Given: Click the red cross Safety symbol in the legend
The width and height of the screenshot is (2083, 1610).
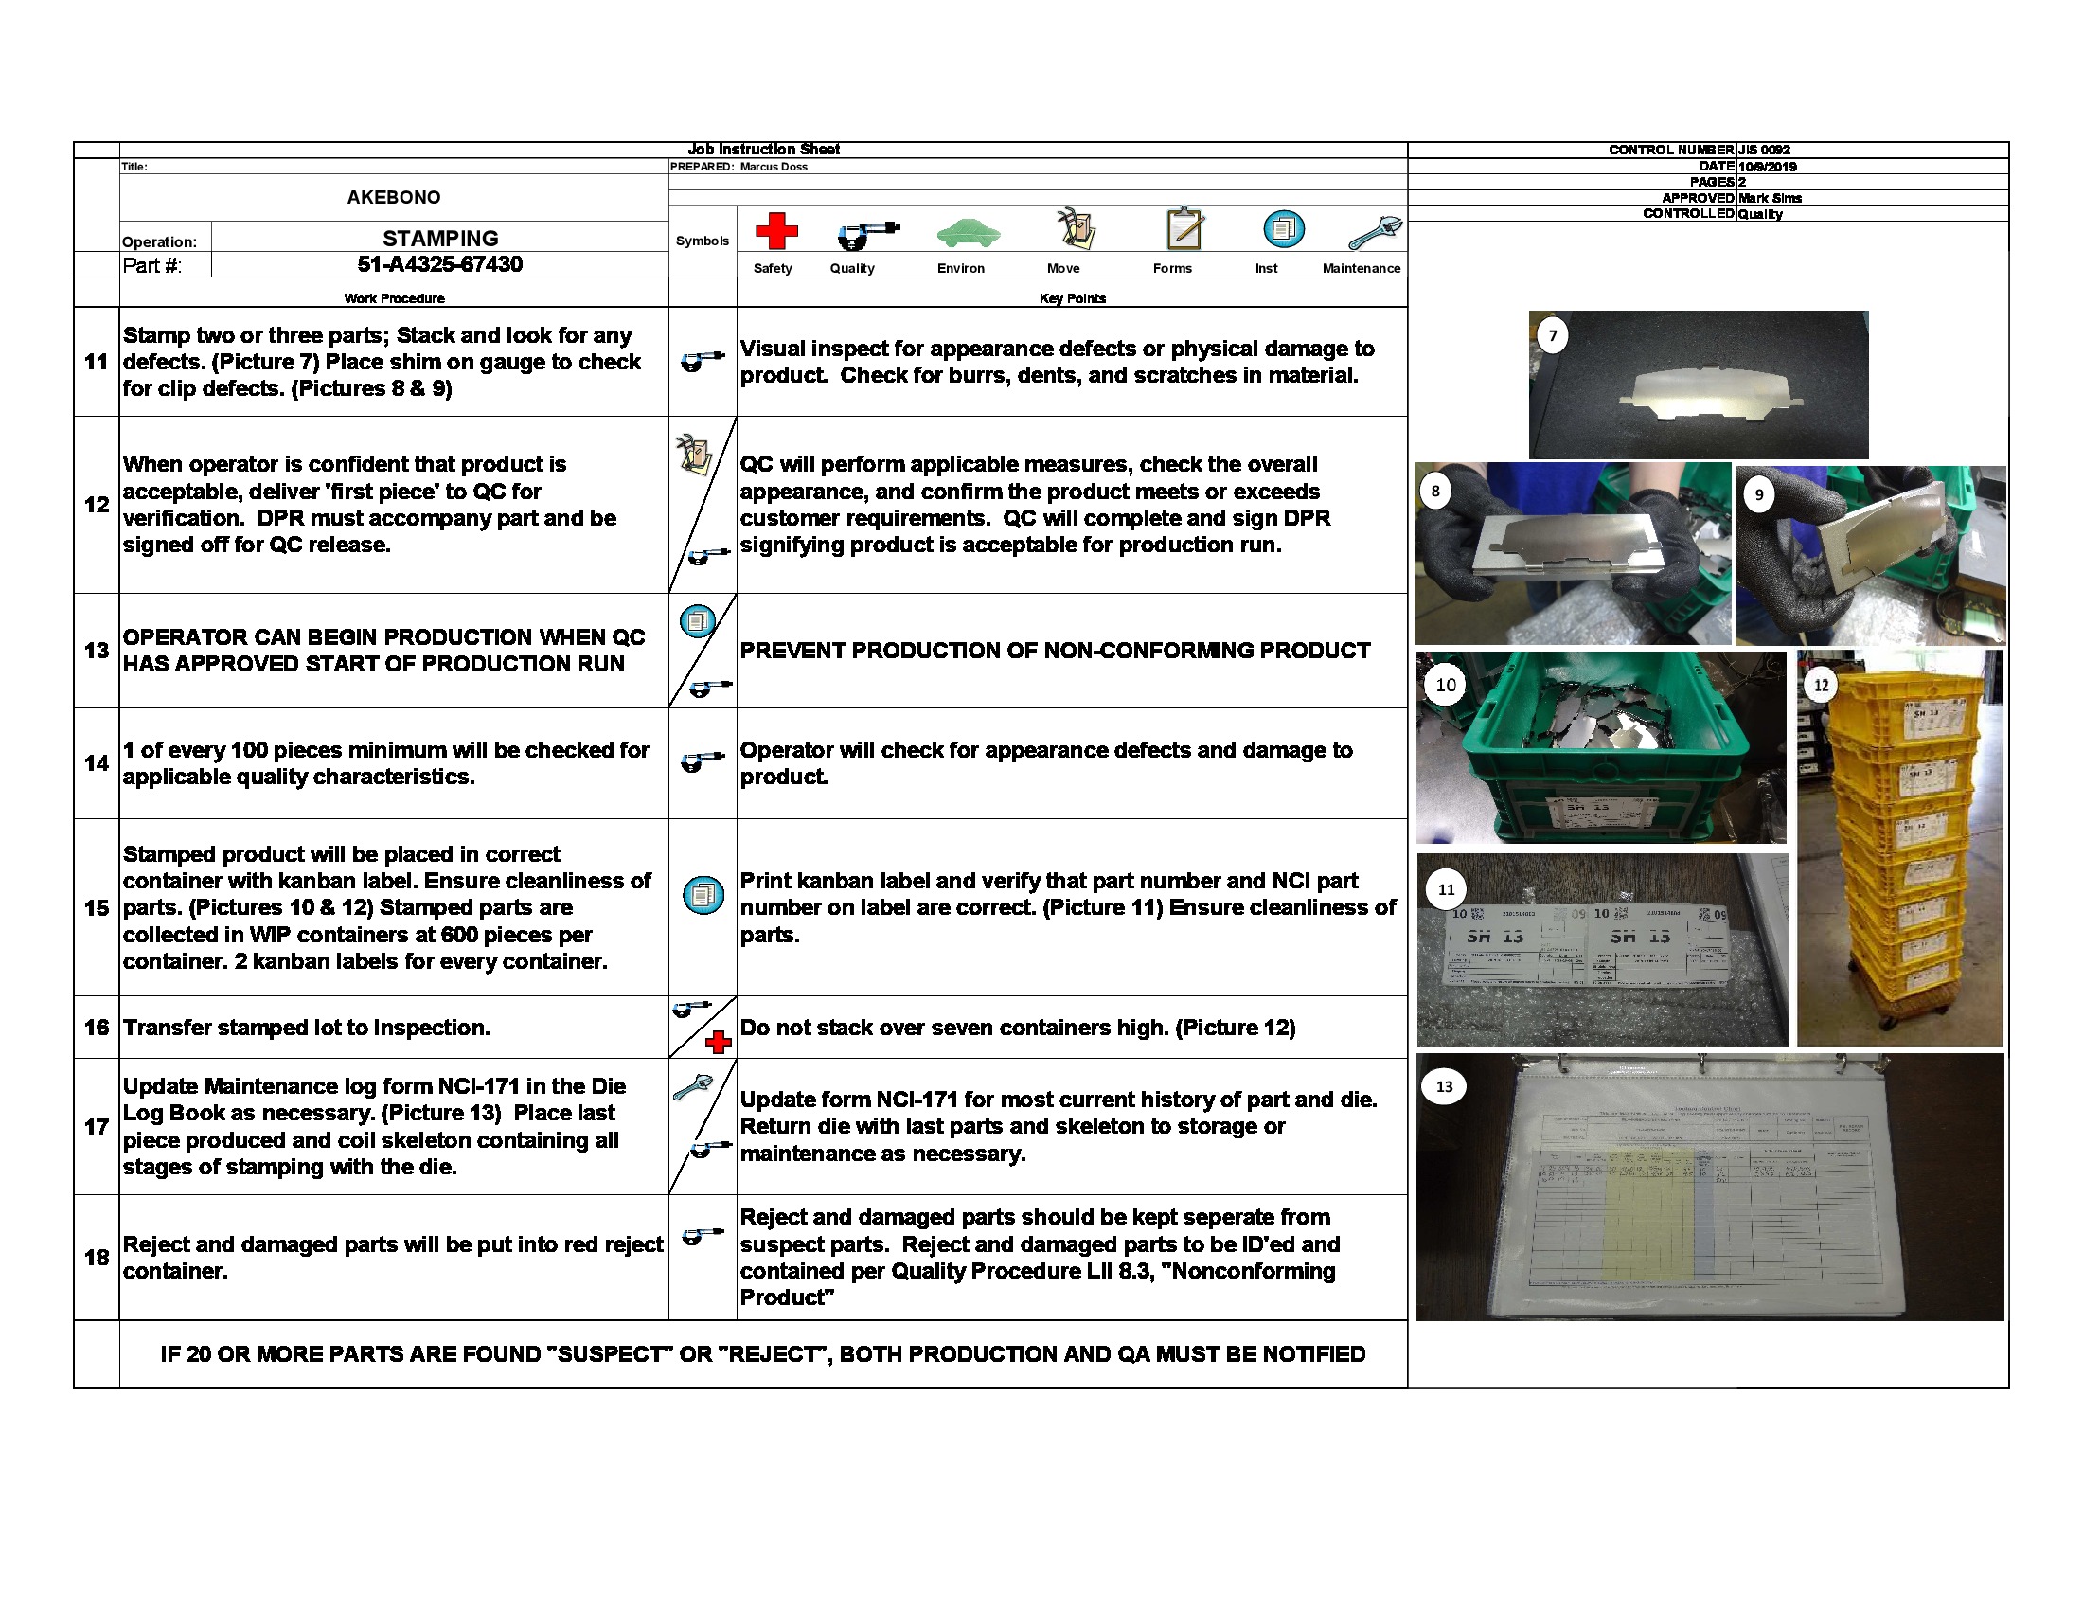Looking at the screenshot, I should pyautogui.click(x=775, y=231).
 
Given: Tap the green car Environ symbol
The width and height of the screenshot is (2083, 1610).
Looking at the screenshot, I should pyautogui.click(x=967, y=232).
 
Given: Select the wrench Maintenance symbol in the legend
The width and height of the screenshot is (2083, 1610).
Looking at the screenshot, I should pyautogui.click(x=1375, y=232).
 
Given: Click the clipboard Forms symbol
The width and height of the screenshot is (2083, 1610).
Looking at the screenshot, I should pyautogui.click(x=1184, y=229).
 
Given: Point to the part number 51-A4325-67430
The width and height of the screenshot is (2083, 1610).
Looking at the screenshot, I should pyautogui.click(x=439, y=264).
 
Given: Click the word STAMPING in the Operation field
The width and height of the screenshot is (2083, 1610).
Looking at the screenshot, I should pyautogui.click(x=439, y=238).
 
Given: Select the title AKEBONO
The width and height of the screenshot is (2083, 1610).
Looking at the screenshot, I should pyautogui.click(x=393, y=197).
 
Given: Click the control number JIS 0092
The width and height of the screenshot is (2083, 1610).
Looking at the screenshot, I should pyautogui.click(x=1764, y=150).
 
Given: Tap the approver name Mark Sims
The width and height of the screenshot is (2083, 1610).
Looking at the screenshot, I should pyautogui.click(x=1770, y=198).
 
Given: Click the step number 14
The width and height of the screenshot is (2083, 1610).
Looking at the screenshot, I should pyautogui.click(x=97, y=763).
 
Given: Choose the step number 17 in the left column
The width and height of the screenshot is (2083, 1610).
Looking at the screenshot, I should pyautogui.click(x=97, y=1126).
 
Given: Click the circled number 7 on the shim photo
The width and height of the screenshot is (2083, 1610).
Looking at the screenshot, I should pyautogui.click(x=1553, y=336).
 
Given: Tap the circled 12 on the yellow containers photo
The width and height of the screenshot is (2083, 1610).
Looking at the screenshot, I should pyautogui.click(x=1821, y=685).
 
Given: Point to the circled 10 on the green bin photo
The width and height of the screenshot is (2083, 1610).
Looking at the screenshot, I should pyautogui.click(x=1446, y=685).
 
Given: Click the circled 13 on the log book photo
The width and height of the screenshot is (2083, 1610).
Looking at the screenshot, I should pyautogui.click(x=1444, y=1086).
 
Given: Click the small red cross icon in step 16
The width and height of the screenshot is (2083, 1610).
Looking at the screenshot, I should pyautogui.click(x=719, y=1043).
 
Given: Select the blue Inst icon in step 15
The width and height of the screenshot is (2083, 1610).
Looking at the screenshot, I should pyautogui.click(x=703, y=895).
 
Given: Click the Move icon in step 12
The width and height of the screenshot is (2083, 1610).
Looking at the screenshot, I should pyautogui.click(x=693, y=455).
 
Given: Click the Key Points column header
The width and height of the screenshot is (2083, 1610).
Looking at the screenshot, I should pyautogui.click(x=1072, y=298).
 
